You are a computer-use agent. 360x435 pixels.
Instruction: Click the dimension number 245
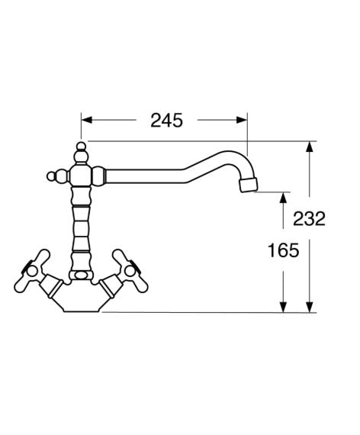tap(167, 121)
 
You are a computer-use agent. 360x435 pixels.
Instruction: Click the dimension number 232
tap(309, 218)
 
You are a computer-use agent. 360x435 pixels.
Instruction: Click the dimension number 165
tap(284, 250)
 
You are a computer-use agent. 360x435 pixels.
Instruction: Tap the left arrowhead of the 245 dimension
tap(86, 120)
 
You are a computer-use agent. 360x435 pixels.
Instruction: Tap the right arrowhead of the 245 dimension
tap(241, 120)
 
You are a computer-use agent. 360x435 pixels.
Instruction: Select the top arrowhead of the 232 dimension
tap(310, 147)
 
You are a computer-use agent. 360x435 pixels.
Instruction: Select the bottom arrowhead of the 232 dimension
tap(310, 307)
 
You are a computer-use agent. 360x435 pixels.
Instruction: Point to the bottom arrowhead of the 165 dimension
tap(283, 307)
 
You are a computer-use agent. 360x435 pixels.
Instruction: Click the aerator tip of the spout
tap(249, 185)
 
